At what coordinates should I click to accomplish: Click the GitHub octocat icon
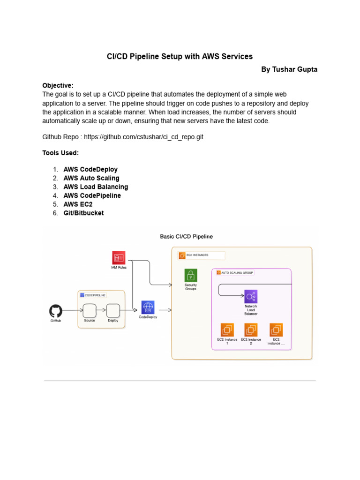(x=56, y=311)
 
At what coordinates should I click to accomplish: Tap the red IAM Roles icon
(x=119, y=258)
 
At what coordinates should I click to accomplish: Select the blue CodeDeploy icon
(x=148, y=307)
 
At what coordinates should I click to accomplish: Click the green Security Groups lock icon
(x=191, y=275)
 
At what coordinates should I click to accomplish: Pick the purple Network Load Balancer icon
(x=251, y=296)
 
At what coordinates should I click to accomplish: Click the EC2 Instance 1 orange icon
(x=227, y=330)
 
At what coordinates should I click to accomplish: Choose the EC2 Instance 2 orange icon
(x=251, y=330)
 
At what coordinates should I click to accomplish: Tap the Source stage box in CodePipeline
(x=90, y=310)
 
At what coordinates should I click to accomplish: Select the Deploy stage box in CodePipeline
(x=113, y=310)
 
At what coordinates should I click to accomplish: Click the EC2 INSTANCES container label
(x=196, y=255)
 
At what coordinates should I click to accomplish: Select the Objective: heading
(x=58, y=85)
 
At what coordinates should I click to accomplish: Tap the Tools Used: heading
(x=60, y=153)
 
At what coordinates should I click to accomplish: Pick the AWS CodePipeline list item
(x=92, y=195)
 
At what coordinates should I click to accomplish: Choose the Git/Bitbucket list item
(x=83, y=213)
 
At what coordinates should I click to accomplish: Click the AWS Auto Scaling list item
(x=91, y=178)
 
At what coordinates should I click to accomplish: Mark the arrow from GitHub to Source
(x=73, y=310)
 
